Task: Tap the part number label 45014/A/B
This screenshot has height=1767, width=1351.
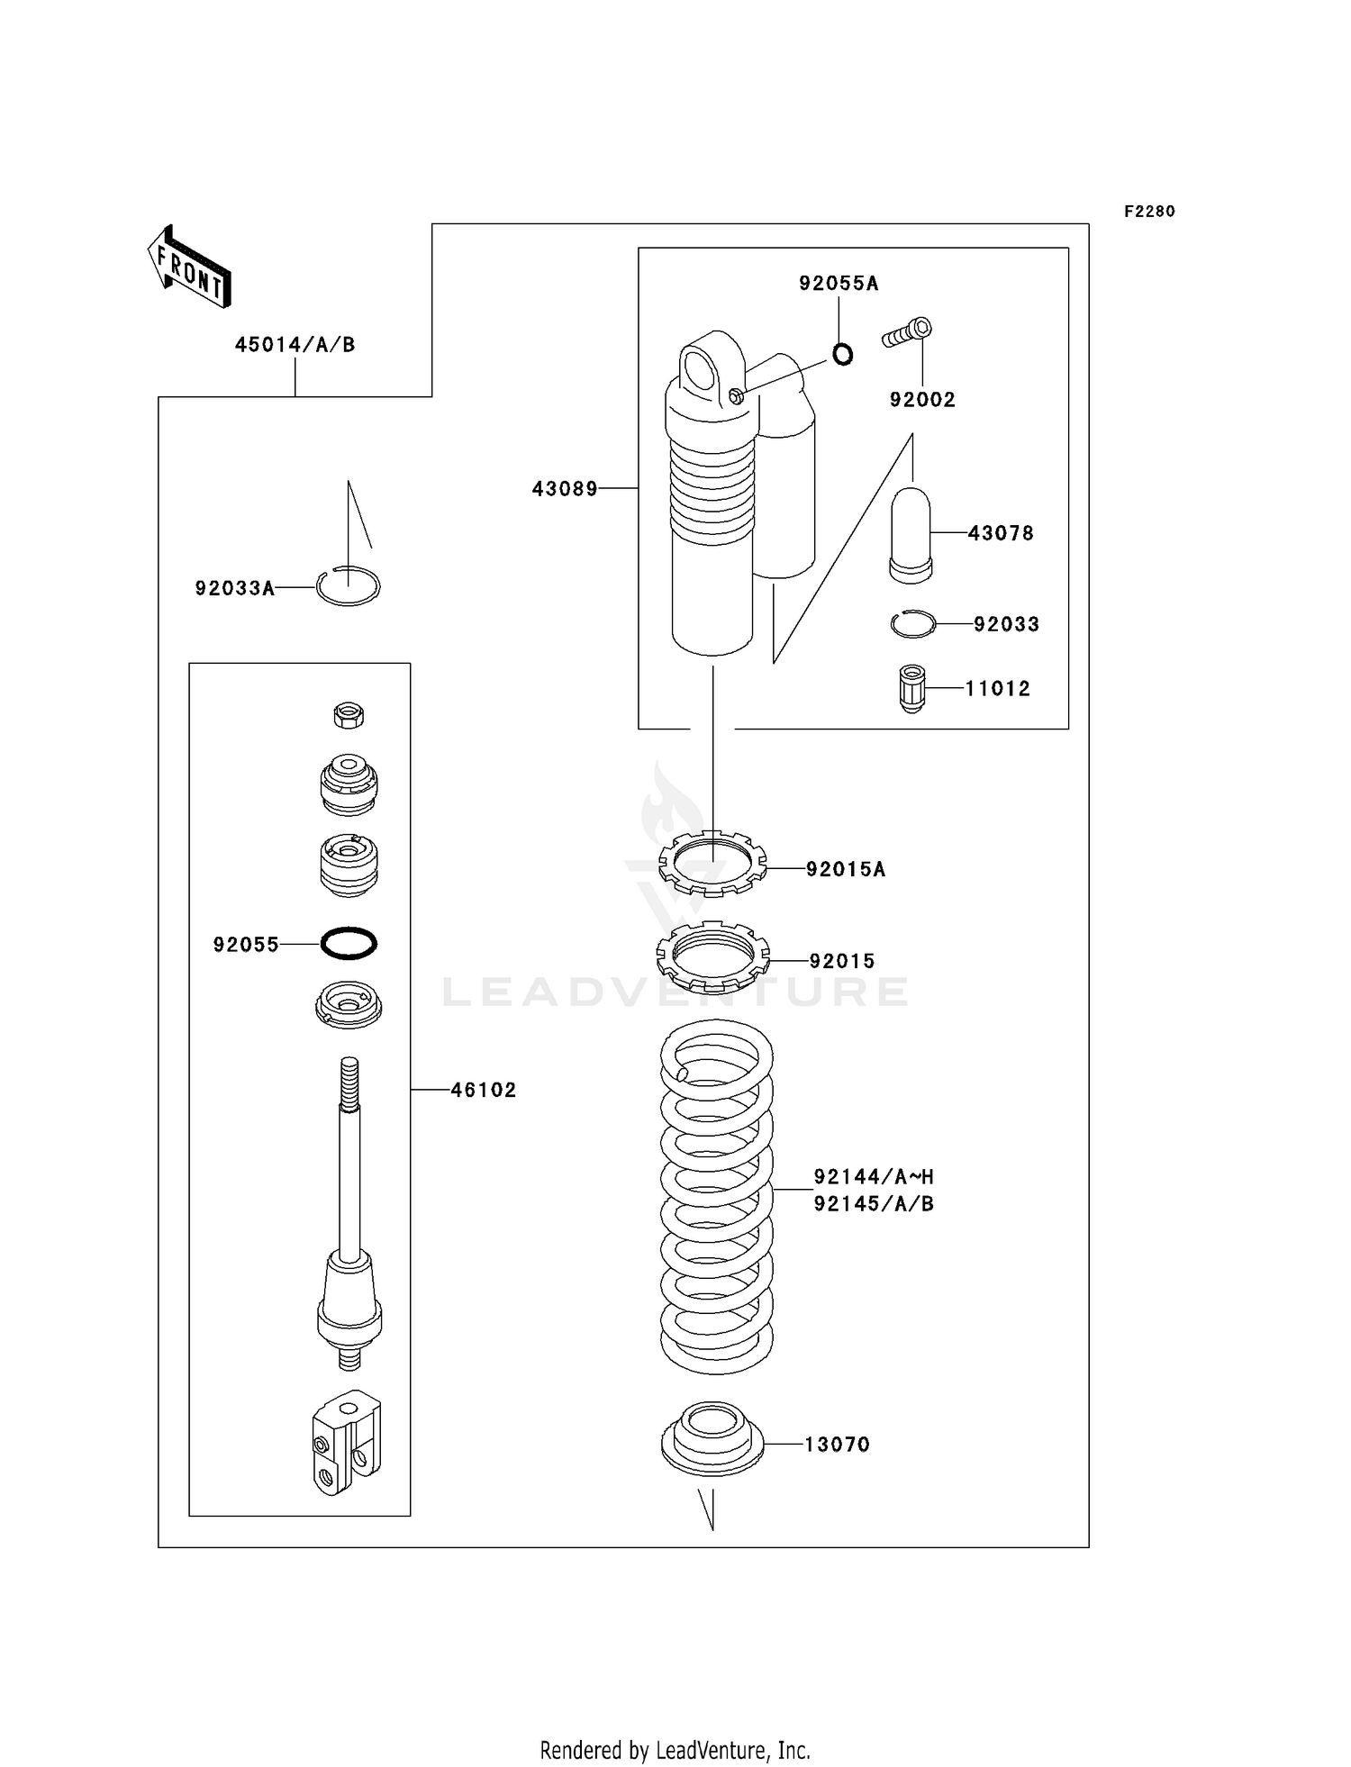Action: click(x=295, y=345)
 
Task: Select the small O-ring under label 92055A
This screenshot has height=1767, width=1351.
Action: click(x=842, y=355)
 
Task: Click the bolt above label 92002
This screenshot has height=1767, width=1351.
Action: click(x=907, y=333)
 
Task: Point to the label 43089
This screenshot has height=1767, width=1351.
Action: click(x=565, y=489)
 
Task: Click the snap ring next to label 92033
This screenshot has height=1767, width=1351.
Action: click(x=913, y=624)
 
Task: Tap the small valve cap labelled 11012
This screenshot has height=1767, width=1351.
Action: click(x=912, y=688)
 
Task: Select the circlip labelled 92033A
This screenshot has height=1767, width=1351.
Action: click(x=349, y=587)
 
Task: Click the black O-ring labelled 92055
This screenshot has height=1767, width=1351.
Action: click(x=349, y=944)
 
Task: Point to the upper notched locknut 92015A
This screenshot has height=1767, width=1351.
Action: click(x=712, y=864)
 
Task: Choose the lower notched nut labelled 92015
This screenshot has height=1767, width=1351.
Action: click(x=712, y=957)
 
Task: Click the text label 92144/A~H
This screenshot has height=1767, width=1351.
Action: click(x=873, y=1176)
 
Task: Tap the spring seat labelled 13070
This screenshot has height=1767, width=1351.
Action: click(x=712, y=1438)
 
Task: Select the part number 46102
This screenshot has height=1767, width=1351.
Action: click(x=483, y=1090)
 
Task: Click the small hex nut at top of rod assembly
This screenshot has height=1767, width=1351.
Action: click(x=349, y=716)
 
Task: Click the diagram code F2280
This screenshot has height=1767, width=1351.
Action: click(x=1149, y=212)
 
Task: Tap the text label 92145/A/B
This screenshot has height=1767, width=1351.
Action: click(x=873, y=1204)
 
